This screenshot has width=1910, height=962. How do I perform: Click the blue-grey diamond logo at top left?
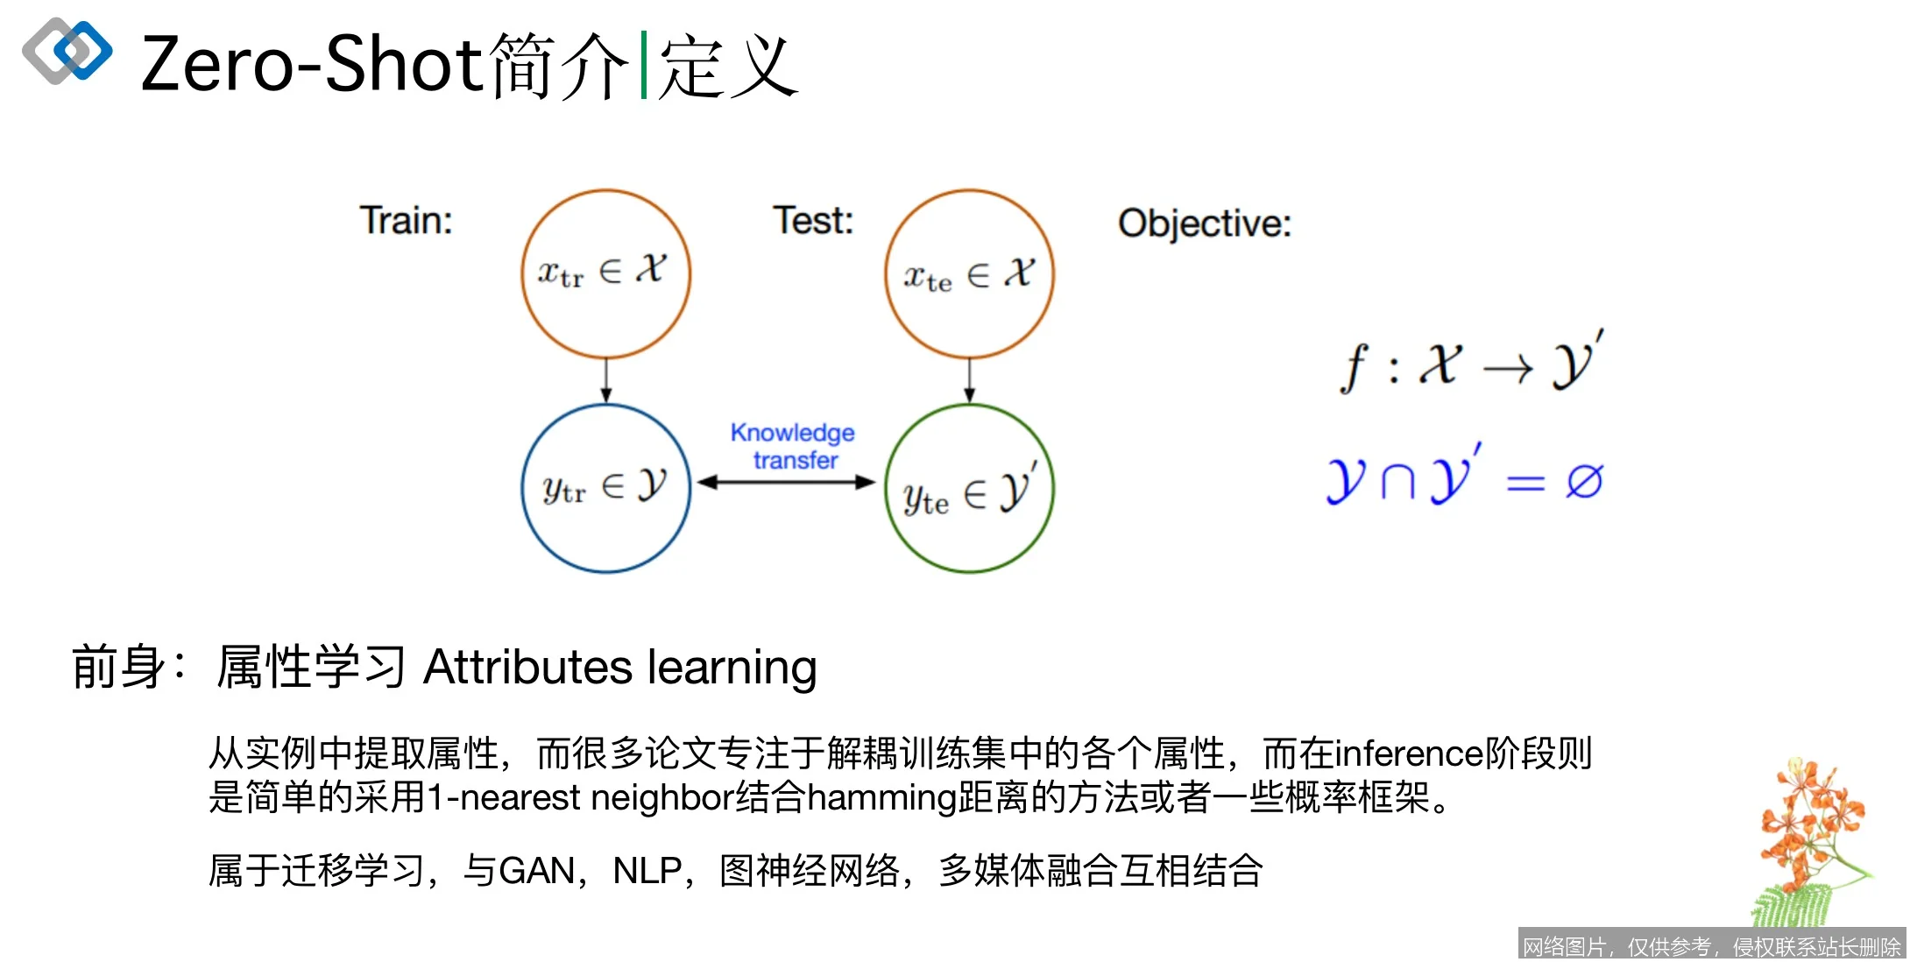point(67,51)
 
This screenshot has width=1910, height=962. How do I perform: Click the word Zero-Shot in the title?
point(311,65)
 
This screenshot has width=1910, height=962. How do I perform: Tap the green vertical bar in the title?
point(644,65)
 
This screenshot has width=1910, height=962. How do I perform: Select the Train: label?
point(406,221)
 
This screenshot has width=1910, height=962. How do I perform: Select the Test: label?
point(812,221)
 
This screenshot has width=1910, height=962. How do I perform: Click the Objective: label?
point(1204,223)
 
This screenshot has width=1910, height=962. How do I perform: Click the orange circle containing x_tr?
point(605,273)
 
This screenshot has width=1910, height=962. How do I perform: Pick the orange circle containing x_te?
point(969,273)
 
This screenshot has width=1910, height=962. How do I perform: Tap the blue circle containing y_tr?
point(605,488)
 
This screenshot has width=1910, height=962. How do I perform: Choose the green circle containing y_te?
point(969,488)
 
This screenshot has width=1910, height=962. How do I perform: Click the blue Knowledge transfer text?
point(793,446)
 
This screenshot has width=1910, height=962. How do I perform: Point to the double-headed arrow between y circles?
point(786,482)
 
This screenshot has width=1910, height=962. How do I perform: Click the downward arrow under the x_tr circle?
point(605,380)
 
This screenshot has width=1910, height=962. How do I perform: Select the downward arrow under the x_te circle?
point(969,380)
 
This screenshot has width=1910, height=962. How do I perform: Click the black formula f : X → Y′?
point(1472,364)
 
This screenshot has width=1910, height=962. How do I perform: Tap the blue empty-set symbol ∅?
point(1584,481)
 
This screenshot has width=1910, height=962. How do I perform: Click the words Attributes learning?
point(619,668)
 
